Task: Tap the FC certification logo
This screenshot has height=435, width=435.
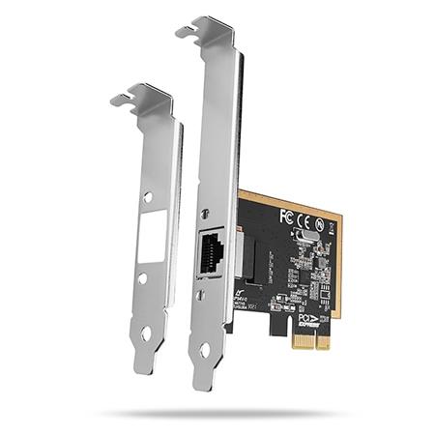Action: coord(285,216)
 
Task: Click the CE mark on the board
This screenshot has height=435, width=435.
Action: coord(303,217)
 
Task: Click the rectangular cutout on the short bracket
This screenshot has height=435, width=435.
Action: coord(151,232)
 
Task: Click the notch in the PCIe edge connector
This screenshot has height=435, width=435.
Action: coord(293,340)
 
